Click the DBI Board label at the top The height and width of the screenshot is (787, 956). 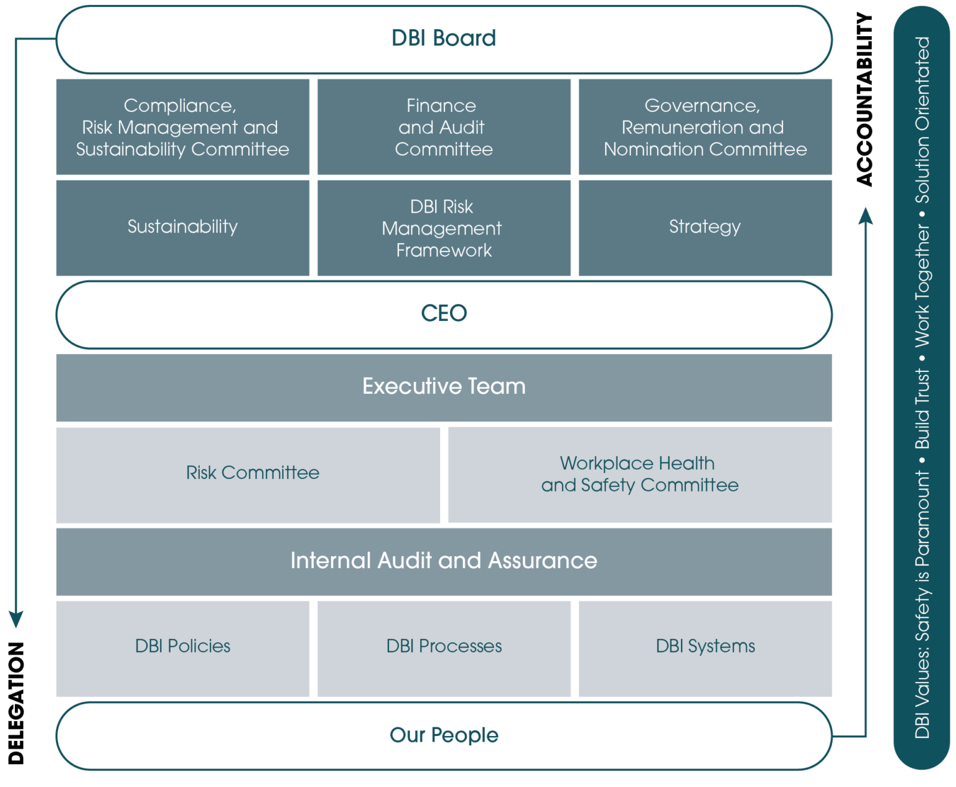pos(444,39)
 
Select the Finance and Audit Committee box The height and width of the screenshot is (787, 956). pos(444,128)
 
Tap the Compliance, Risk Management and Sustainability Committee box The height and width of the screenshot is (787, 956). pos(182,128)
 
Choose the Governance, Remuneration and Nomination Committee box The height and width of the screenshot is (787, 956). pos(705,128)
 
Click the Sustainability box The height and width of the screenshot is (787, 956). pos(182,227)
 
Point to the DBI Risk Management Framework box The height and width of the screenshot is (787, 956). pos(444,228)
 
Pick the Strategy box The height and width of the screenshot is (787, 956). pos(705,227)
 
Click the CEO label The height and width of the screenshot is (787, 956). pos(444,314)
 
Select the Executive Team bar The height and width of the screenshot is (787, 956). pos(444,387)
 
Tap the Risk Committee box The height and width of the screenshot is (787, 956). pos(252,473)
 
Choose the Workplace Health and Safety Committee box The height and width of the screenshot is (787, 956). pos(640,475)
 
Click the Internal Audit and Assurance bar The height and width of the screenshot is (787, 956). pos(444,561)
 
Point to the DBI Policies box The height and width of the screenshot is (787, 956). pos(182,647)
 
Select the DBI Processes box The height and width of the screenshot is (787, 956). pos(444,647)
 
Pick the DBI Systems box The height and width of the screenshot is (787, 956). pos(705,647)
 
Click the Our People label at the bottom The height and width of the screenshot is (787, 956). pos(444,735)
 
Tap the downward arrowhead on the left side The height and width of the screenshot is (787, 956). pos(16,619)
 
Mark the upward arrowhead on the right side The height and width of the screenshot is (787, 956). pos(865,216)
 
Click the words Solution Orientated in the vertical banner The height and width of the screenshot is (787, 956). pos(922,119)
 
